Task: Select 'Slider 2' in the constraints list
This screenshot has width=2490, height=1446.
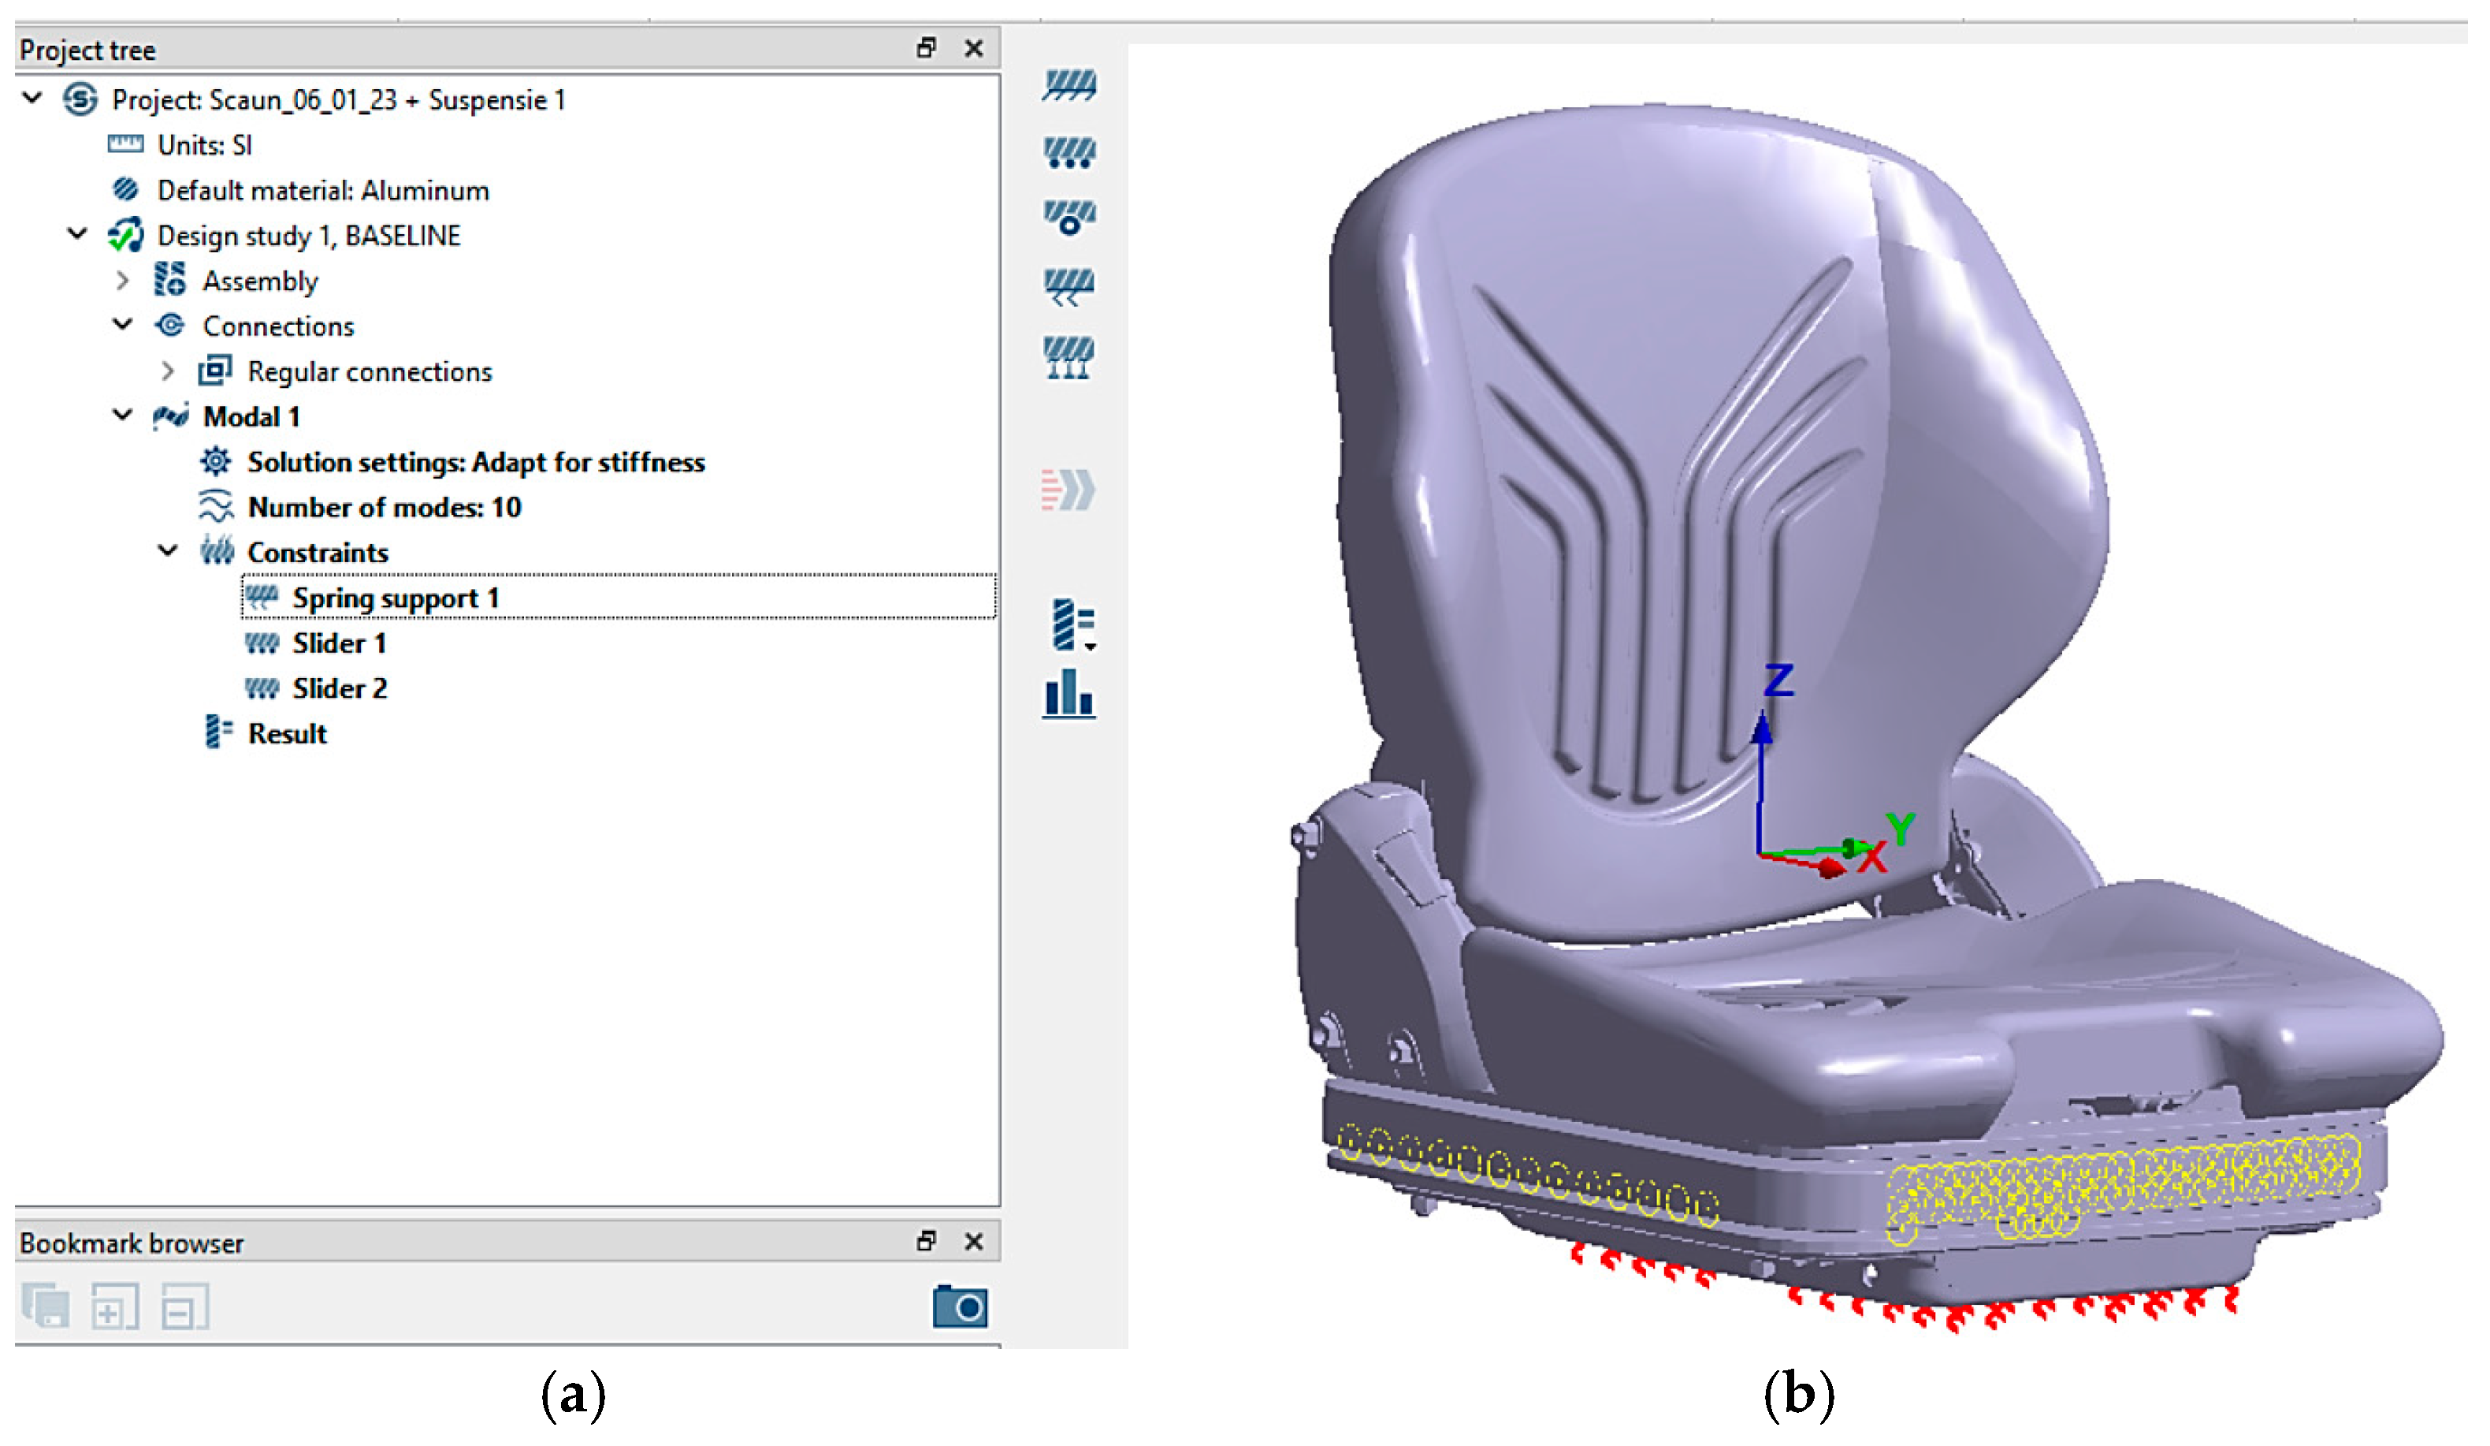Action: point(339,689)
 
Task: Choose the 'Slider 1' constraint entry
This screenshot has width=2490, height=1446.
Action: point(339,644)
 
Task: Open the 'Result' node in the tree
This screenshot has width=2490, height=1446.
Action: point(287,734)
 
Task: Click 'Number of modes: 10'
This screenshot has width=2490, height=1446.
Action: point(384,508)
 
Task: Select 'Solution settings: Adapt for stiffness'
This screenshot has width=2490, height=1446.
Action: point(475,463)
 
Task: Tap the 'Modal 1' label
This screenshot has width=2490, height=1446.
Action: point(251,417)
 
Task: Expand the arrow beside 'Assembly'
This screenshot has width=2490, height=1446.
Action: point(122,281)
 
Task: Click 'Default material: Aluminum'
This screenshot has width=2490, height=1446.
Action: point(322,191)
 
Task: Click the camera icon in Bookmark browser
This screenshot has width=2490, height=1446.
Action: point(960,1307)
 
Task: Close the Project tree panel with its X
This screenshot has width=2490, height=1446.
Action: point(973,48)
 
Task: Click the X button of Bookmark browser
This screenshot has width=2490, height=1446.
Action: point(973,1242)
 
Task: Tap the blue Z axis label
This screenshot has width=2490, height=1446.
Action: point(1778,680)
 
